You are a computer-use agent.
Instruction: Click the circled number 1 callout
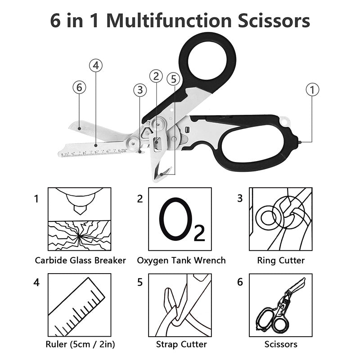[312, 89]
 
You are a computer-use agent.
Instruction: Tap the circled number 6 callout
[79, 87]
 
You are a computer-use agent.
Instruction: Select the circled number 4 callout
[95, 66]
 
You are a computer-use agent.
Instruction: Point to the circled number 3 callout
[140, 90]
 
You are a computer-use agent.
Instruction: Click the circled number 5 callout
[173, 79]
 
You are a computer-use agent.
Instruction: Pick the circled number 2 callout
[156, 76]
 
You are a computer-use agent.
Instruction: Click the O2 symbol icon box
[180, 219]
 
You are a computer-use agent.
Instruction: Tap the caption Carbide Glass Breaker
[80, 261]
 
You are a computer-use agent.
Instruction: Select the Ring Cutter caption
[281, 261]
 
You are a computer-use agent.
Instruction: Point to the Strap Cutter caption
[181, 345]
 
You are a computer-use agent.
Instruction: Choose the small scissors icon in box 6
[281, 307]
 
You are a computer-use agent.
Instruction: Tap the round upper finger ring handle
[207, 58]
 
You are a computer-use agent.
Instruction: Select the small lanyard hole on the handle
[283, 121]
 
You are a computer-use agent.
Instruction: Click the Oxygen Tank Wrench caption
[181, 261]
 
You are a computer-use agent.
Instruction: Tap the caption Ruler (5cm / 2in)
[80, 345]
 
